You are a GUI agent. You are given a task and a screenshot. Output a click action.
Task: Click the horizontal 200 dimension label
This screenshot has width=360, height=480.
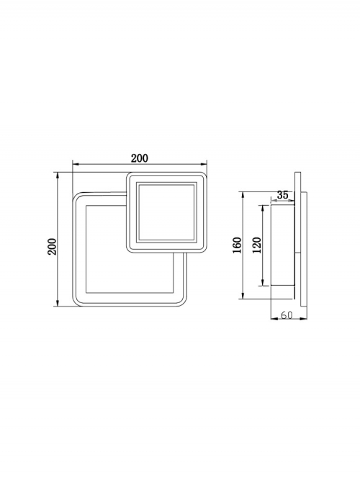coord(140,158)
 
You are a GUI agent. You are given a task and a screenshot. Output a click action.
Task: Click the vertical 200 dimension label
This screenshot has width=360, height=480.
coord(52,246)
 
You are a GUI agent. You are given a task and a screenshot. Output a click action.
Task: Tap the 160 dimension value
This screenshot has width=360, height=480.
coord(238,245)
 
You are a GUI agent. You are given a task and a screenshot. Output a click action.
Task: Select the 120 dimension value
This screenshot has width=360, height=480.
coord(257,245)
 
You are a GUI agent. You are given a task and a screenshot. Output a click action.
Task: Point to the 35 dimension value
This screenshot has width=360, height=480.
coord(282,195)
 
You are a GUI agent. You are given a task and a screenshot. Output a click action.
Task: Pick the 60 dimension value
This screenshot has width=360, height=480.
coord(287,314)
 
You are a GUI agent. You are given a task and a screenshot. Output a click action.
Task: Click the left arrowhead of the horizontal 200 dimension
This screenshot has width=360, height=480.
coord(76,165)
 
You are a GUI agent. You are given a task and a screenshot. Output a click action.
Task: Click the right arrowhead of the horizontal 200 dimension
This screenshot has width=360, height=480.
coord(204,165)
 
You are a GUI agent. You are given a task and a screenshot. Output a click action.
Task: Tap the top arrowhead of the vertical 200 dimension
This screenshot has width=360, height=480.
coord(57,176)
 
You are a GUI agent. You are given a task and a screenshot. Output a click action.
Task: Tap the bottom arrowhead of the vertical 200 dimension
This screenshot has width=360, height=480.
coord(57,302)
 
